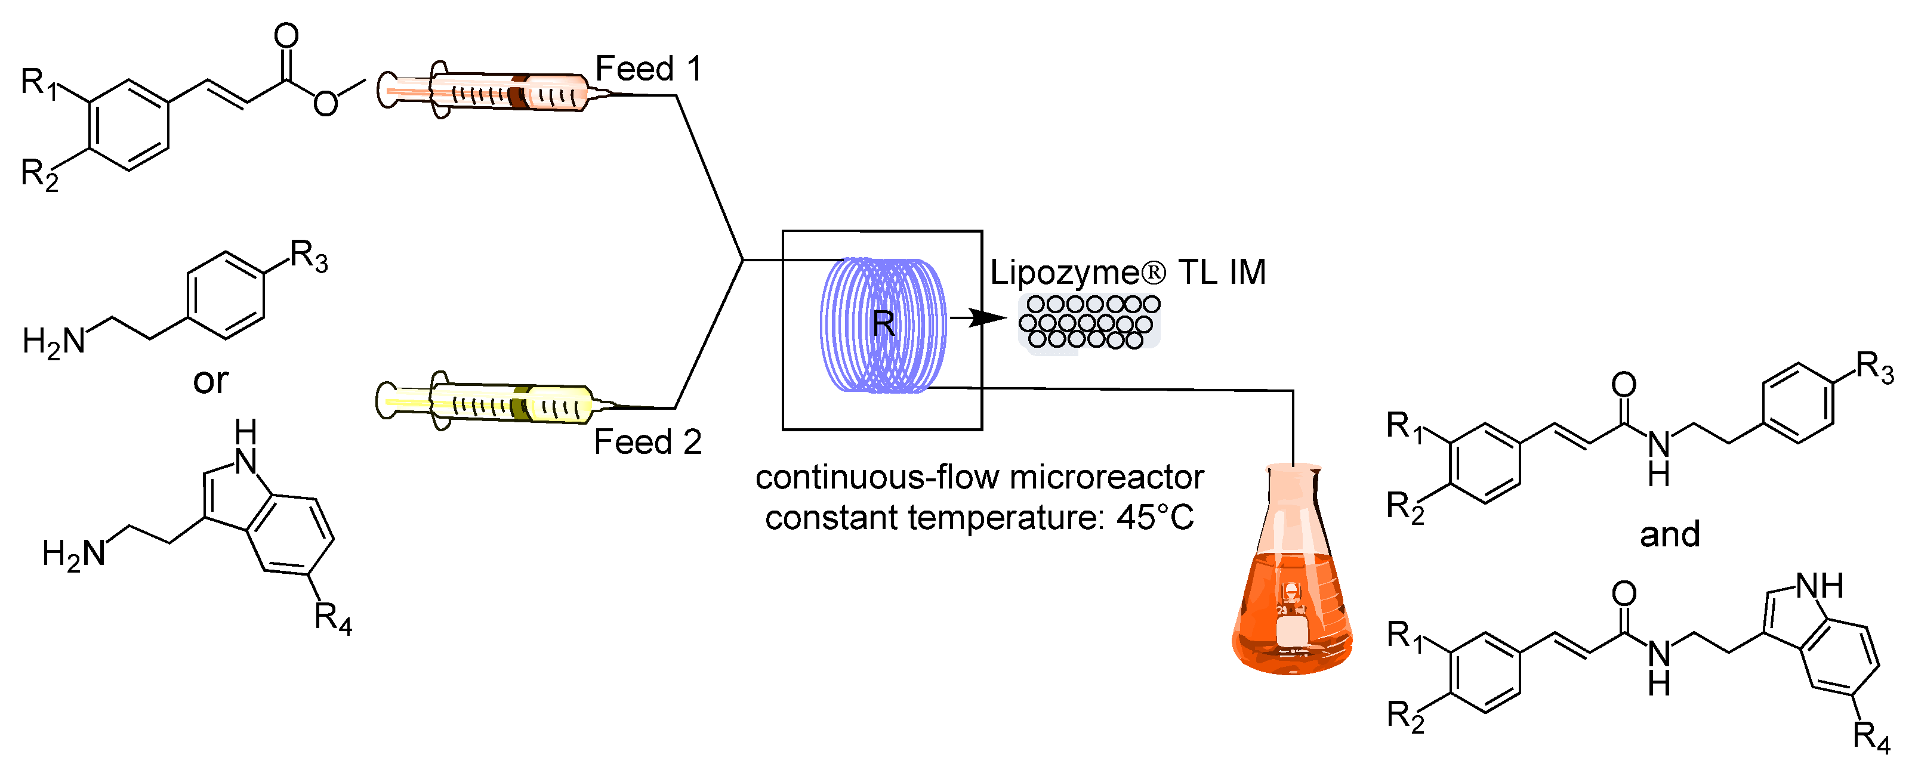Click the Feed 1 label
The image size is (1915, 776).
[648, 69]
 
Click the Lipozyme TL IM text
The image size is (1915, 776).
[1127, 273]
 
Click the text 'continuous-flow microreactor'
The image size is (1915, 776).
[979, 478]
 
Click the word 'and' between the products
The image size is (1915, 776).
[1670, 534]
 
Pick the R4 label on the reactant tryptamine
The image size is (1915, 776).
[332, 618]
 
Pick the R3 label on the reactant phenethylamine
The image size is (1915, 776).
[309, 256]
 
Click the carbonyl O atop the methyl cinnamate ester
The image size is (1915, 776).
[286, 35]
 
